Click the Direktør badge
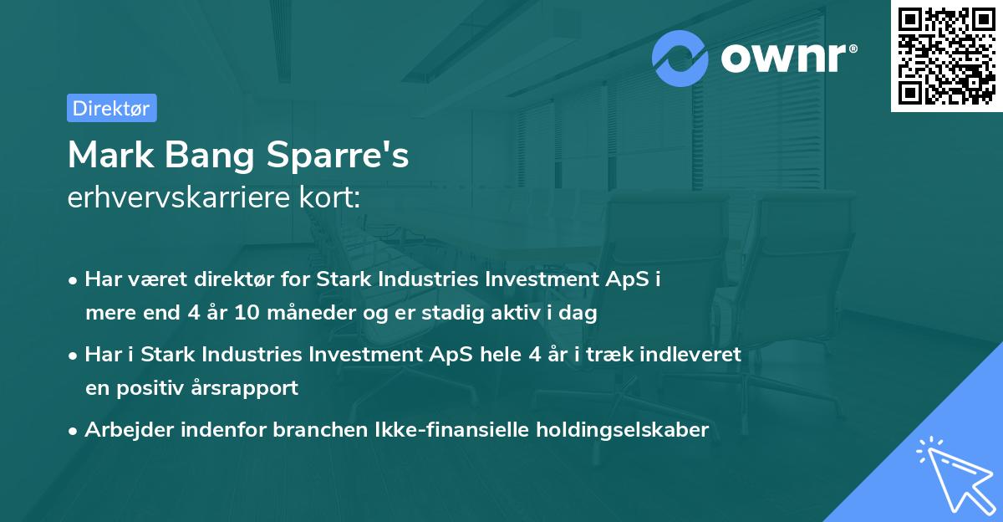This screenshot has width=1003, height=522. coord(111,108)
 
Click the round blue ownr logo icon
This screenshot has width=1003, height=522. coord(680,58)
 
